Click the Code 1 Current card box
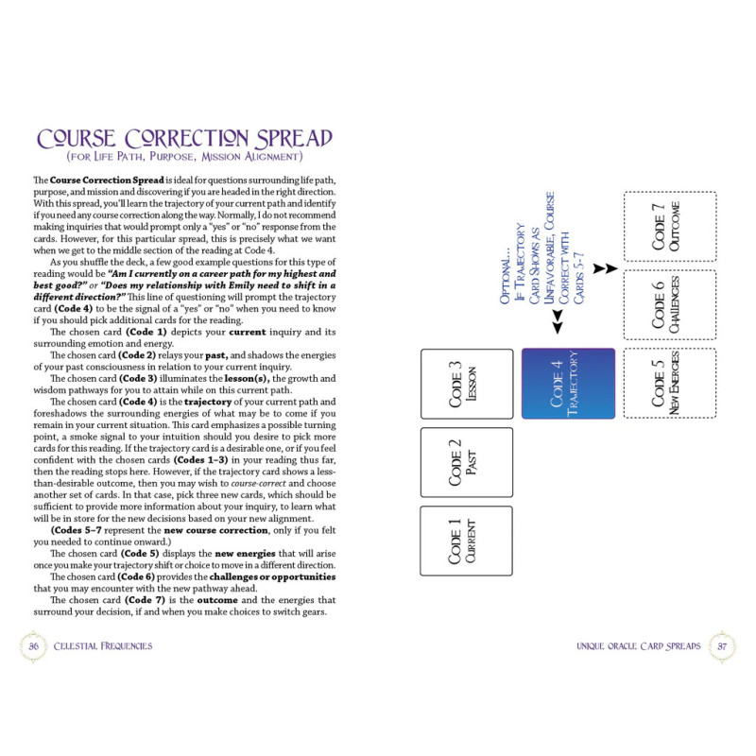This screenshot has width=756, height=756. pos(466,541)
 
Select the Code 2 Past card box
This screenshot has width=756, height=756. pos(466,462)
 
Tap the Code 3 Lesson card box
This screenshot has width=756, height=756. pos(467,384)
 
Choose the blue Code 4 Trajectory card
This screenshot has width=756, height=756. pos(569,384)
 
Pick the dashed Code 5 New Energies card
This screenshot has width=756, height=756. pos(670,383)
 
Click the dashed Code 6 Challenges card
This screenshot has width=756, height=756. pos(670,304)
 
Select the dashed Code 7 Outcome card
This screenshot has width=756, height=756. pos(670,226)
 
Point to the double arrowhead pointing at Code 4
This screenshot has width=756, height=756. pos(558,321)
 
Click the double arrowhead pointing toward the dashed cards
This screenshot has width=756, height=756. pos(605,268)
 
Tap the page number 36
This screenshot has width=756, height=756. pos(34,646)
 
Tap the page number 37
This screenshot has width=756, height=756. pos(722,646)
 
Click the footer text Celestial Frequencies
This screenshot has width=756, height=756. pos(103,646)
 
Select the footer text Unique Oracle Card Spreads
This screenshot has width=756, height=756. pos(639,646)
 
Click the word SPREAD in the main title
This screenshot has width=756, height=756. pos(294,139)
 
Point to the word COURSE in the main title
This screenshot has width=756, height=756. pos(77,139)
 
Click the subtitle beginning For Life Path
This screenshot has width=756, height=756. pos(184,157)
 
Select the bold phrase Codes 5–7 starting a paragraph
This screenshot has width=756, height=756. pos(76,530)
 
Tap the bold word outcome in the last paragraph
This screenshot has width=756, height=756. pos(217,600)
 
